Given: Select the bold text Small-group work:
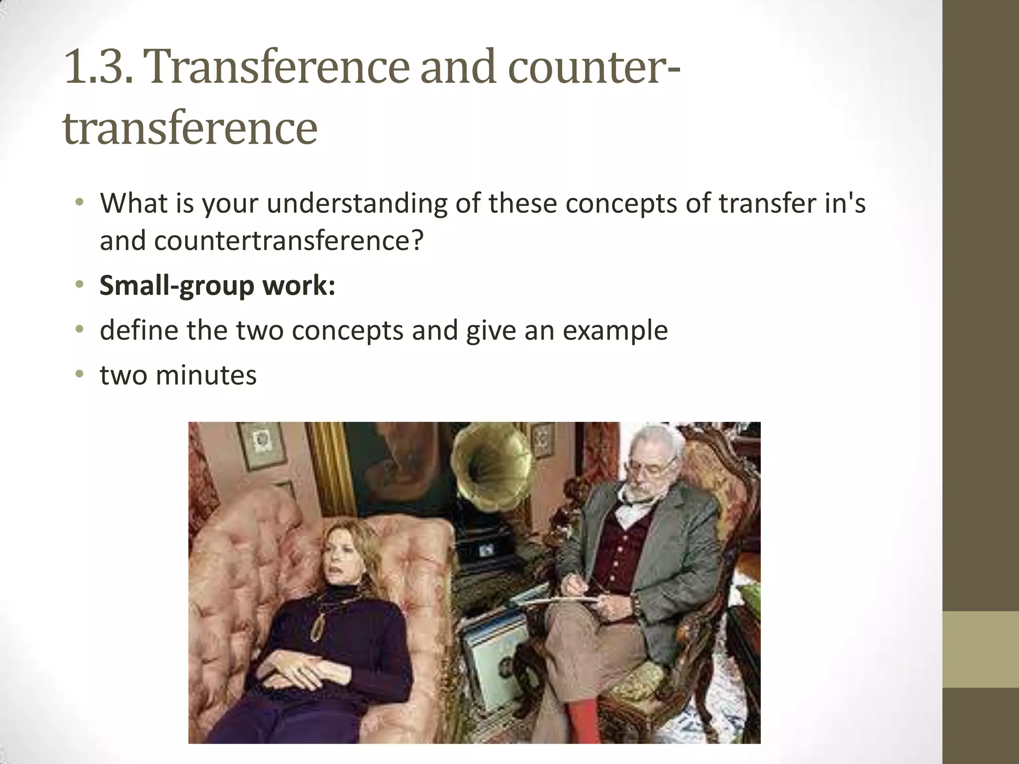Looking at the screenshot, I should pyautogui.click(x=217, y=286).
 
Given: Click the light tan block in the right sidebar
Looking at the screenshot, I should pyautogui.click(x=981, y=650).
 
